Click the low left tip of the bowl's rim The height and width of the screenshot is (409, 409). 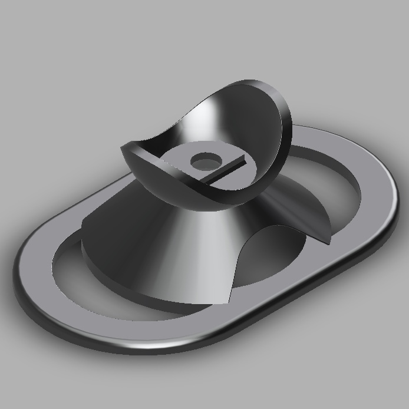click(x=124, y=147)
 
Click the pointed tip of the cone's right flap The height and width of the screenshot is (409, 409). click(x=326, y=241)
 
